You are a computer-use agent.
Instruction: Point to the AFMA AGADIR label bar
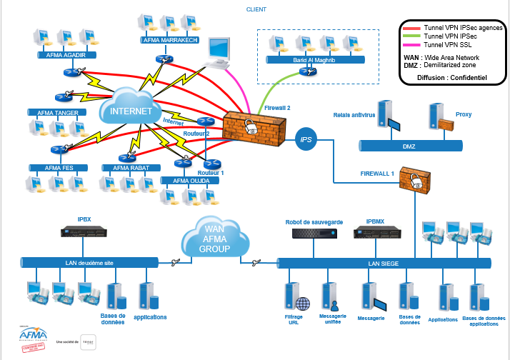[65, 54]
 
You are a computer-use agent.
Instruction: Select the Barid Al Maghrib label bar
[314, 60]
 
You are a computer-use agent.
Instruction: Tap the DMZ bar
[420, 146]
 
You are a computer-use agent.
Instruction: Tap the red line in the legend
[411, 26]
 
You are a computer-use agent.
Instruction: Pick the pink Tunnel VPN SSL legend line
[411, 44]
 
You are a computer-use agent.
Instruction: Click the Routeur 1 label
[211, 173]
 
